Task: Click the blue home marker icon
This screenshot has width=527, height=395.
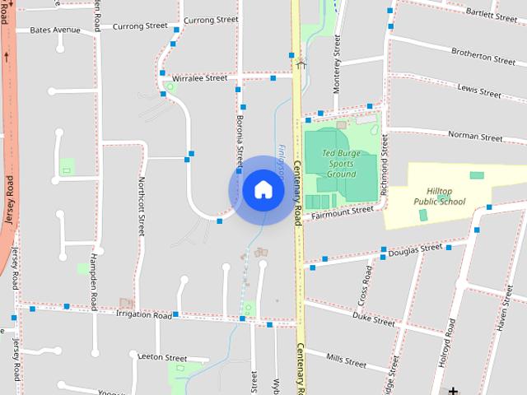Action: (263, 189)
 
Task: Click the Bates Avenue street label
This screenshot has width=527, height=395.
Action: (55, 30)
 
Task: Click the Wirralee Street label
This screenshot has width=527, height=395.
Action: (199, 78)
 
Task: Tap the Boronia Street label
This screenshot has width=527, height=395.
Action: (240, 132)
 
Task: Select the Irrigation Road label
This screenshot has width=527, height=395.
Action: (143, 315)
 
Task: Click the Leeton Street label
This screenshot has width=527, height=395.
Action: (164, 358)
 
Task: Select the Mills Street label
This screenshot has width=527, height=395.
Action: (346, 360)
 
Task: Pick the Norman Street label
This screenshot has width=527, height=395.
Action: (475, 137)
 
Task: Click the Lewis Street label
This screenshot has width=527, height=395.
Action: (478, 91)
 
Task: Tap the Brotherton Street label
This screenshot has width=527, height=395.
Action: (483, 55)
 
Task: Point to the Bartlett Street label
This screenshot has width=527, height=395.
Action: (491, 14)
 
